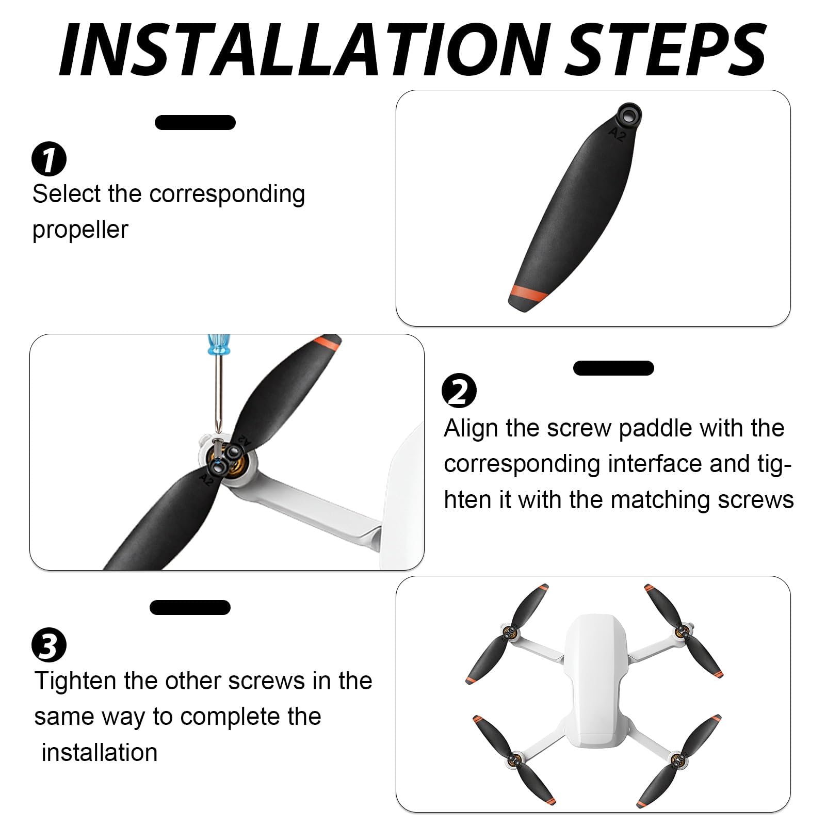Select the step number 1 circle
pos(49,160)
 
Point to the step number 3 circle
pos(49,645)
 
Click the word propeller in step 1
pos(80,230)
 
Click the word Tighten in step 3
pos(75,681)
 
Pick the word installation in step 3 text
pos(99,753)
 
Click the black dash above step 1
pos(195,123)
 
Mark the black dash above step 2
pos(613,368)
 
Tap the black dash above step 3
pos(190,607)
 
